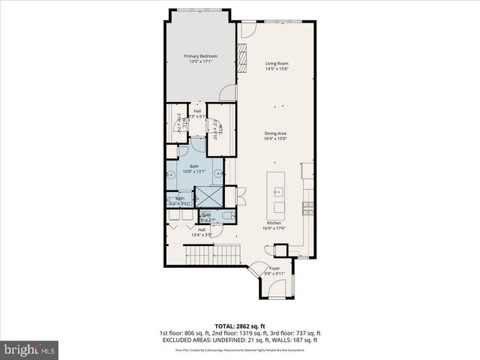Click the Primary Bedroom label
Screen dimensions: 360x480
[x=200, y=56]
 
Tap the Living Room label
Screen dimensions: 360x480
[x=277, y=64]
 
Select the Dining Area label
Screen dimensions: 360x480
[x=276, y=133]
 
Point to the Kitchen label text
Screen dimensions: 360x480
[x=274, y=223]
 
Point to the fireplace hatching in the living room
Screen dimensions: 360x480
[x=243, y=55]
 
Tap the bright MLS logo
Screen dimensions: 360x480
[x=29, y=349]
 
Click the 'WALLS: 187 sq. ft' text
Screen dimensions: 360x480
[x=298, y=341]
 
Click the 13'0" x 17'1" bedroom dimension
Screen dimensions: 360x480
[x=200, y=63]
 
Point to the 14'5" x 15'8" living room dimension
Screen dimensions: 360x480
[x=277, y=70]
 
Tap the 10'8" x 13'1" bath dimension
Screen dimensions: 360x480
[x=195, y=172]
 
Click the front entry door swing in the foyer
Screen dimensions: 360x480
[x=258, y=268]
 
